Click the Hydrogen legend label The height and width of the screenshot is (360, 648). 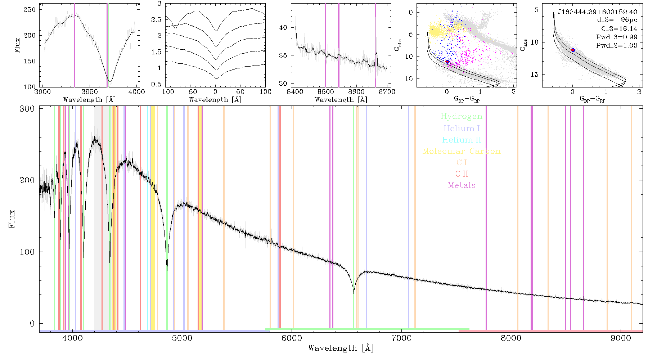point(461,116)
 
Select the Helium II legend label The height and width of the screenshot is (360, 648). point(462,140)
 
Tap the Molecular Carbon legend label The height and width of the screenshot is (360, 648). point(462,151)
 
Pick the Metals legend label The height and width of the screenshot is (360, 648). point(462,185)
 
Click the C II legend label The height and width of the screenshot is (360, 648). point(462,174)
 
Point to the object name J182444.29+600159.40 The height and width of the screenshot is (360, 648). point(598,12)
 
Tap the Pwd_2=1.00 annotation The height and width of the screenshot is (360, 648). point(617,46)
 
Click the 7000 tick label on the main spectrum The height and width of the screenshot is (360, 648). point(401,338)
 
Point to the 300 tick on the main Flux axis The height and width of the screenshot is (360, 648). point(27,109)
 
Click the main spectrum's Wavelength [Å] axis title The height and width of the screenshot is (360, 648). point(341,348)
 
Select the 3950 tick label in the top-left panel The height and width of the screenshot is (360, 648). point(89,92)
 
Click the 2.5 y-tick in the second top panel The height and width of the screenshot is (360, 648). point(156,19)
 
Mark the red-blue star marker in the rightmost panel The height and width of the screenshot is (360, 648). point(573,50)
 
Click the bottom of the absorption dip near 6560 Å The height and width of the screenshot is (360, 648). point(354,293)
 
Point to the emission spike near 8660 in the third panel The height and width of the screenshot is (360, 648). point(376,53)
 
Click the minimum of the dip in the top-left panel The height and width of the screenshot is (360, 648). point(110,81)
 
